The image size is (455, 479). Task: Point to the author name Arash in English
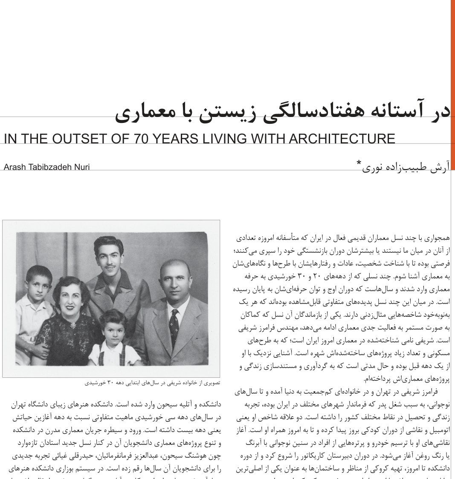15,167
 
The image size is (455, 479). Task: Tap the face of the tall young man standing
107,256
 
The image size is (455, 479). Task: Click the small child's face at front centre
112,328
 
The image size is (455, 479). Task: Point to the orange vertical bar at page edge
452,85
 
